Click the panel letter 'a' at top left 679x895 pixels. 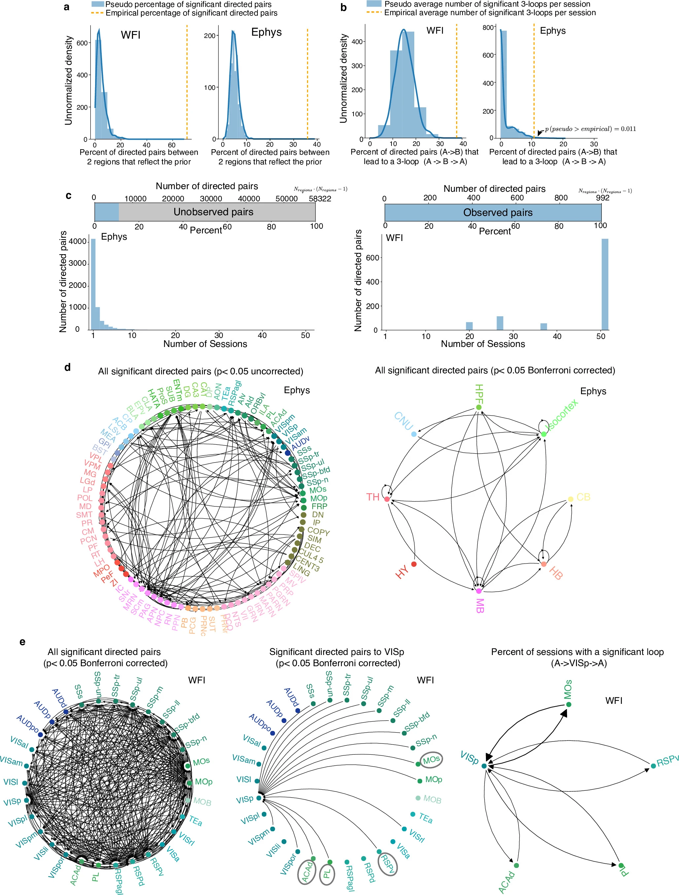(x=67, y=7)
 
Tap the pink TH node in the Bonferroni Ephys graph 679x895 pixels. (x=387, y=499)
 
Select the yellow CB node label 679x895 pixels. (x=583, y=497)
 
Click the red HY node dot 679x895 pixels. (x=414, y=564)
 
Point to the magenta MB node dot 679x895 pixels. (x=479, y=591)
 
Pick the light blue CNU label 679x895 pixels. (x=403, y=421)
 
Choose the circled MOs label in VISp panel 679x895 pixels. (x=431, y=760)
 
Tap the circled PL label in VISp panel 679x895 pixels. (x=326, y=875)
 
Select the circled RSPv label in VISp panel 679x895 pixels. (x=387, y=864)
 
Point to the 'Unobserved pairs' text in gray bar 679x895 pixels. (x=213, y=212)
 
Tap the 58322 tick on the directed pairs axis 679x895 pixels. (x=320, y=199)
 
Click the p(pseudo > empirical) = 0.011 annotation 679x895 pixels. (x=590, y=129)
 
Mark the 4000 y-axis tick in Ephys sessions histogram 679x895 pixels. (x=78, y=242)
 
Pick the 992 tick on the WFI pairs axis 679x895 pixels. (x=602, y=198)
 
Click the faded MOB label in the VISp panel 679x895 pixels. (x=432, y=800)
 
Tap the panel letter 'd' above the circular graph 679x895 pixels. (x=67, y=367)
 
